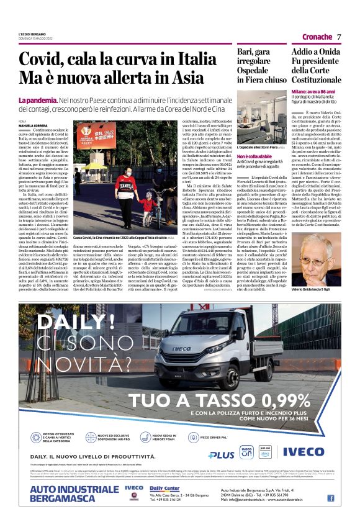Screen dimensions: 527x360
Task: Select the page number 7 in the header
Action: [x=339, y=37]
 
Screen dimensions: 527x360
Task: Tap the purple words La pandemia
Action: [x=38, y=100]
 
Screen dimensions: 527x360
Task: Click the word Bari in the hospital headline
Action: [x=247, y=52]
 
